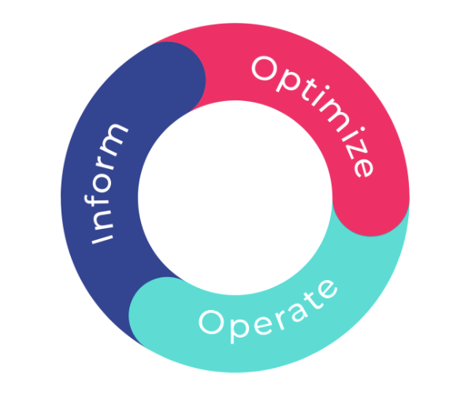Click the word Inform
(106, 184)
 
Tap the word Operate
(268, 312)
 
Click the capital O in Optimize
(265, 69)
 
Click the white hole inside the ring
(235, 197)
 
